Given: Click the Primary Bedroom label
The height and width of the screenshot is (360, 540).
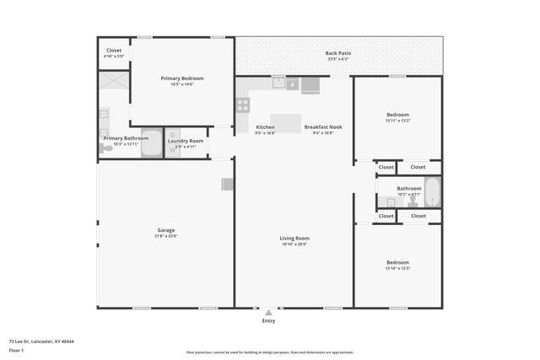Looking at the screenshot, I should (x=182, y=78).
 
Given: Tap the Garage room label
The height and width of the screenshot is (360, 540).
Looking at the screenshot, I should (x=165, y=229).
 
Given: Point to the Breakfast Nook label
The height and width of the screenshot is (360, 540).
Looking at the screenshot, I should (x=323, y=126).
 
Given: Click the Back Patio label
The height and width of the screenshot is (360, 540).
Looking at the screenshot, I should (x=337, y=53).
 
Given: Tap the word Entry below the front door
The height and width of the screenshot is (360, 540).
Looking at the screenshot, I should (x=268, y=320).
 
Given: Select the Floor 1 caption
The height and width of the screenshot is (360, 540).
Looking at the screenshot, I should (x=17, y=350).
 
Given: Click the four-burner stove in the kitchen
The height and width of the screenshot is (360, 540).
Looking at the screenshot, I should (x=243, y=105).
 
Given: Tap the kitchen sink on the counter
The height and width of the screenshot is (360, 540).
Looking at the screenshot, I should (x=278, y=83).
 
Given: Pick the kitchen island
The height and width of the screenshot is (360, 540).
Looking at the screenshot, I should (x=285, y=123).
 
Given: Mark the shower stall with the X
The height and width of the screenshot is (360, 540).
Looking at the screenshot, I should (x=112, y=82).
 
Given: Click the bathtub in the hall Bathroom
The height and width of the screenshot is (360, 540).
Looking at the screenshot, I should (x=432, y=192).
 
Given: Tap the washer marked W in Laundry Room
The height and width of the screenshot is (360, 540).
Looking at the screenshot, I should (x=173, y=150).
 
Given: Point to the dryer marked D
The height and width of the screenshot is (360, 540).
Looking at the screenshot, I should (x=173, y=134).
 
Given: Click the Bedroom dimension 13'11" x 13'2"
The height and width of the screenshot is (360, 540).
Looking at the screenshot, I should (x=397, y=121).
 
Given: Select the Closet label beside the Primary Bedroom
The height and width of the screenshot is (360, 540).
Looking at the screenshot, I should (x=113, y=50).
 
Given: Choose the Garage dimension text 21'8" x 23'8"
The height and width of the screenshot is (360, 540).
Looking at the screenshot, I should (x=165, y=236).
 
